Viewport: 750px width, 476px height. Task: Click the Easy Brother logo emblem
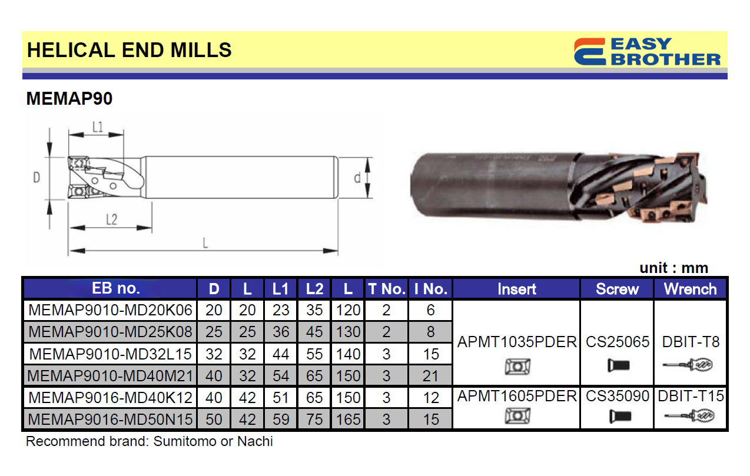(x=590, y=52)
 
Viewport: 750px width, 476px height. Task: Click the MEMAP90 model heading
(x=69, y=98)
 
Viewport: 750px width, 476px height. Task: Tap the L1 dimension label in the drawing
(x=98, y=127)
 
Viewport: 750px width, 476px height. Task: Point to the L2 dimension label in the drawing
(x=111, y=219)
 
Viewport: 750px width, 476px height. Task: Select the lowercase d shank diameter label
(x=357, y=178)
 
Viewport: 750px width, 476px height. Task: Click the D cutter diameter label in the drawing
(x=36, y=177)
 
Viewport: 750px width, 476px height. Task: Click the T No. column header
(x=387, y=288)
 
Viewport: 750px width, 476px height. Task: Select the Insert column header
(x=517, y=289)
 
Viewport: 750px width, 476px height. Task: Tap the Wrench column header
(x=691, y=289)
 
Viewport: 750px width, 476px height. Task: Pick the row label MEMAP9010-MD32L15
(x=110, y=354)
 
